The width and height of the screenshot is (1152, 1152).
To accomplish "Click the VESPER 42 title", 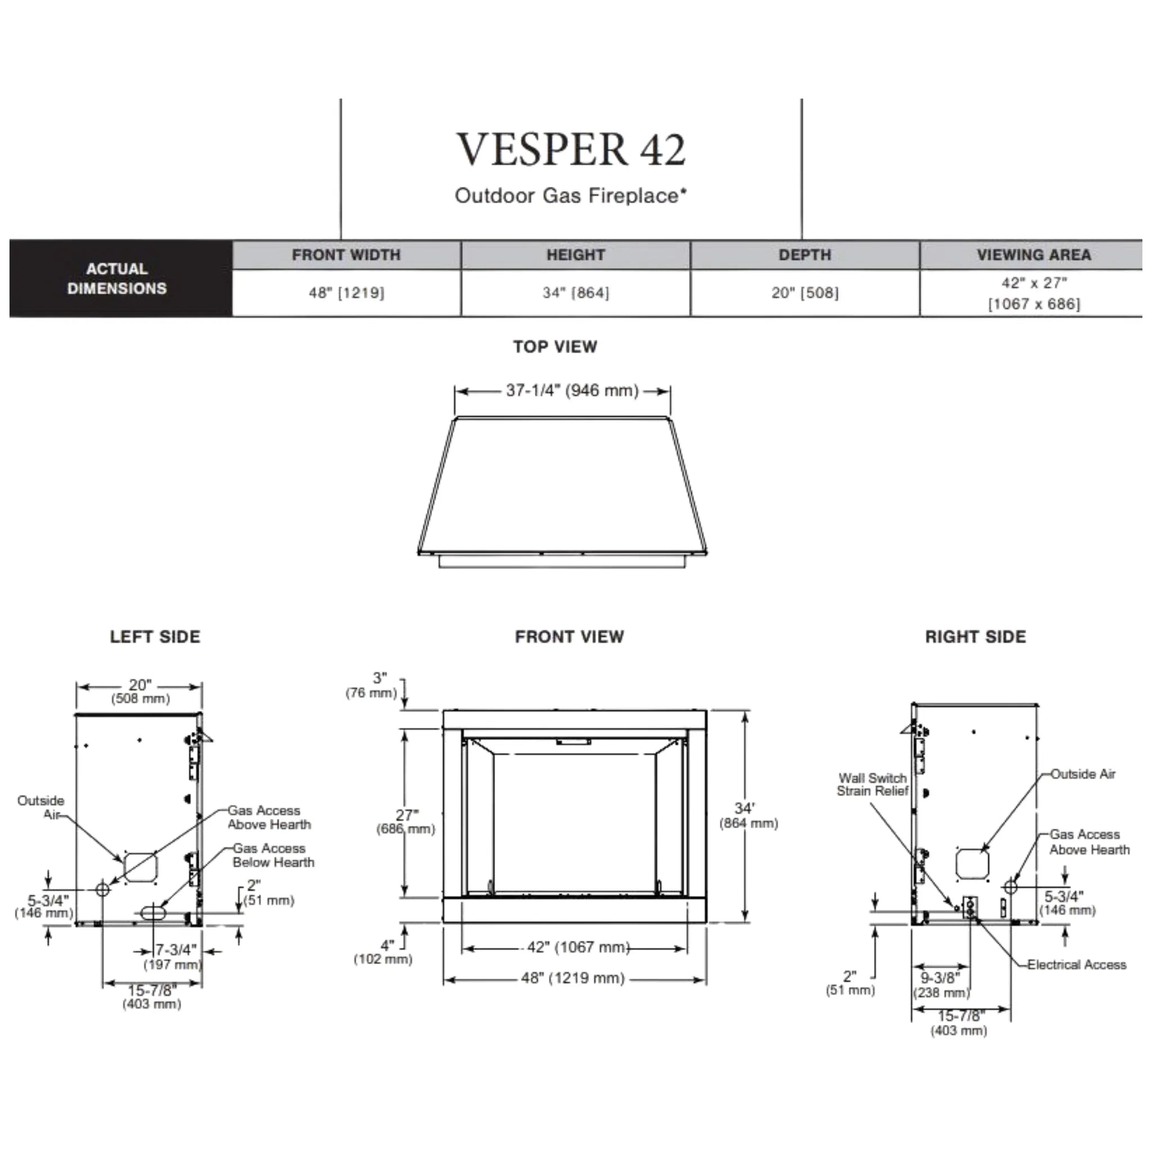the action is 571,149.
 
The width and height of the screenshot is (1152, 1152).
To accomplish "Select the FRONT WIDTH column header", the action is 346,255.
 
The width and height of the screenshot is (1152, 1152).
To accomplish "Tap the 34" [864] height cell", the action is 575,292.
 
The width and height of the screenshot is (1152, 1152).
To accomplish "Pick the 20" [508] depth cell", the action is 804,292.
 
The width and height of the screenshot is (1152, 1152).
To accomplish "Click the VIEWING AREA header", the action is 1033,255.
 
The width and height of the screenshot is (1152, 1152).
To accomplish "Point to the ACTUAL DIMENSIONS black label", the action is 117,278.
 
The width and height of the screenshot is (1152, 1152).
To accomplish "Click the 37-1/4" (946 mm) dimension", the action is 572,390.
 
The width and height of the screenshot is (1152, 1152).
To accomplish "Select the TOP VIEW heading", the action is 555,347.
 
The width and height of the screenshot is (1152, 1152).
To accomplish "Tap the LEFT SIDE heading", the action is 155,637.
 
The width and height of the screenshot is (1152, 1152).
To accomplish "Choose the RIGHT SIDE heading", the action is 975,637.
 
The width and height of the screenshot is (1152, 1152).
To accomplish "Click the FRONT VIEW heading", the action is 569,637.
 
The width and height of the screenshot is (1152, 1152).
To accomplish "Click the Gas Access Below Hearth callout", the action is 273,855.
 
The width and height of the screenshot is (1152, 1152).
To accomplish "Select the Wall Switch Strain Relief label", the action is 872,785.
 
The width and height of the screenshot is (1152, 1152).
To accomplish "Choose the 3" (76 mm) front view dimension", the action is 371,685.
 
